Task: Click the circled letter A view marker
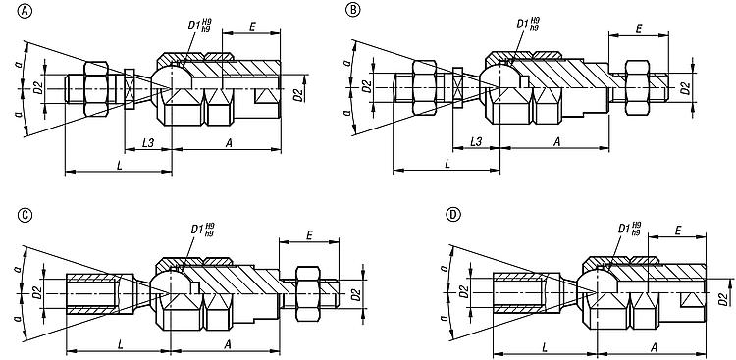tap(24, 11)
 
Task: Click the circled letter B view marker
tap(352, 11)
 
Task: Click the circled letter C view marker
tap(24, 215)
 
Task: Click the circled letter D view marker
tap(452, 215)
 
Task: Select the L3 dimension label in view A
tap(148, 142)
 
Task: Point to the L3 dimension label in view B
tap(476, 142)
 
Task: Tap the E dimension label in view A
tap(252, 26)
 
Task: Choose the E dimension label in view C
tap(309, 235)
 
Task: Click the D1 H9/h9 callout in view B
tap(528, 24)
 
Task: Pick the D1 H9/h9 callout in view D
tap(629, 229)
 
